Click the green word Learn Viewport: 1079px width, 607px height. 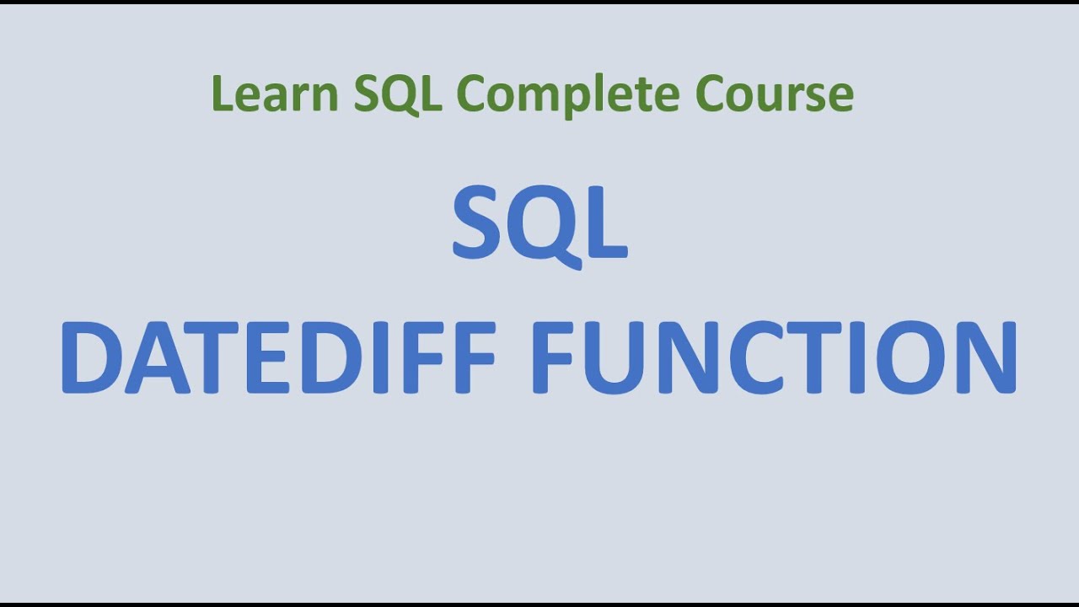tap(275, 94)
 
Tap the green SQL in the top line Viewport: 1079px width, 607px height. tap(398, 94)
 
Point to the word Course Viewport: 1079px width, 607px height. tap(774, 94)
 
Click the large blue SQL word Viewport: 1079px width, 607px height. tap(539, 224)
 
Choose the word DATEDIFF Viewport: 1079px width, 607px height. tap(278, 357)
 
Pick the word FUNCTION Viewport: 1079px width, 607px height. tap(776, 357)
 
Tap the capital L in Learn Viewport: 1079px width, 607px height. tap(222, 94)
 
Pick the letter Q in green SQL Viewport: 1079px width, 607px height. tap(399, 94)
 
